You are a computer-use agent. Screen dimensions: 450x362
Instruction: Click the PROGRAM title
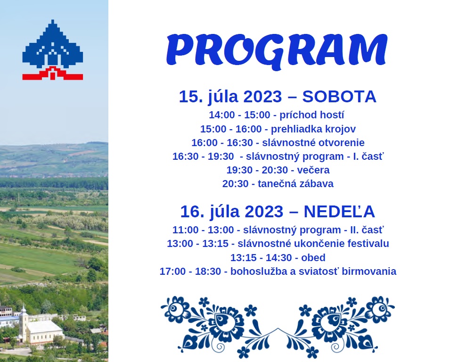pyautogui.click(x=277, y=51)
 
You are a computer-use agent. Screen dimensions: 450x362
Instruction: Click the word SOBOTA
pyautogui.click(x=339, y=97)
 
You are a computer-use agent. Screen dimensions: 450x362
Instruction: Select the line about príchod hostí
pyautogui.click(x=277, y=115)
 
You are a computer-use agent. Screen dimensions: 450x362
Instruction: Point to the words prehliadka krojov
pyautogui.click(x=313, y=129)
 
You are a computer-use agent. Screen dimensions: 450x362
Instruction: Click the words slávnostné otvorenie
pyautogui.click(x=313, y=143)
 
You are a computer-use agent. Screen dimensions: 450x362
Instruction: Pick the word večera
pyautogui.click(x=313, y=170)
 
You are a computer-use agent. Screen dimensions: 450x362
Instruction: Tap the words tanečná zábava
pyautogui.click(x=295, y=184)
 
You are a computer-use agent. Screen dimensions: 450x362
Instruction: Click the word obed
pyautogui.click(x=313, y=257)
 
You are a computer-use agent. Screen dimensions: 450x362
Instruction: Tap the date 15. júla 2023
pyautogui.click(x=230, y=97)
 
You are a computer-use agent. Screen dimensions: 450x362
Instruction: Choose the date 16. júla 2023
pyautogui.click(x=232, y=212)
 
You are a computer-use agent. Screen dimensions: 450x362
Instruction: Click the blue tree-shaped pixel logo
pyautogui.click(x=52, y=44)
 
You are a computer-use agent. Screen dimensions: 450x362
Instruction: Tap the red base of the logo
pyautogui.click(x=52, y=74)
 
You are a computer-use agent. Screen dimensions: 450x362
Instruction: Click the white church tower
pyautogui.click(x=23, y=323)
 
